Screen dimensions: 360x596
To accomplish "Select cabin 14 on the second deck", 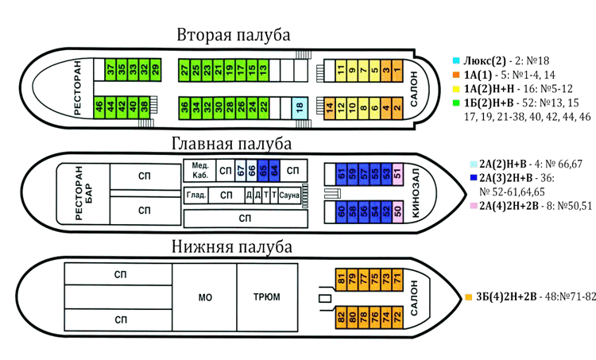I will pos(330,109).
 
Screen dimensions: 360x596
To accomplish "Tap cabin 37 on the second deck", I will pos(110,69).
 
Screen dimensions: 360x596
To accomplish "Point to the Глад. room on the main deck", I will pos(195,195).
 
